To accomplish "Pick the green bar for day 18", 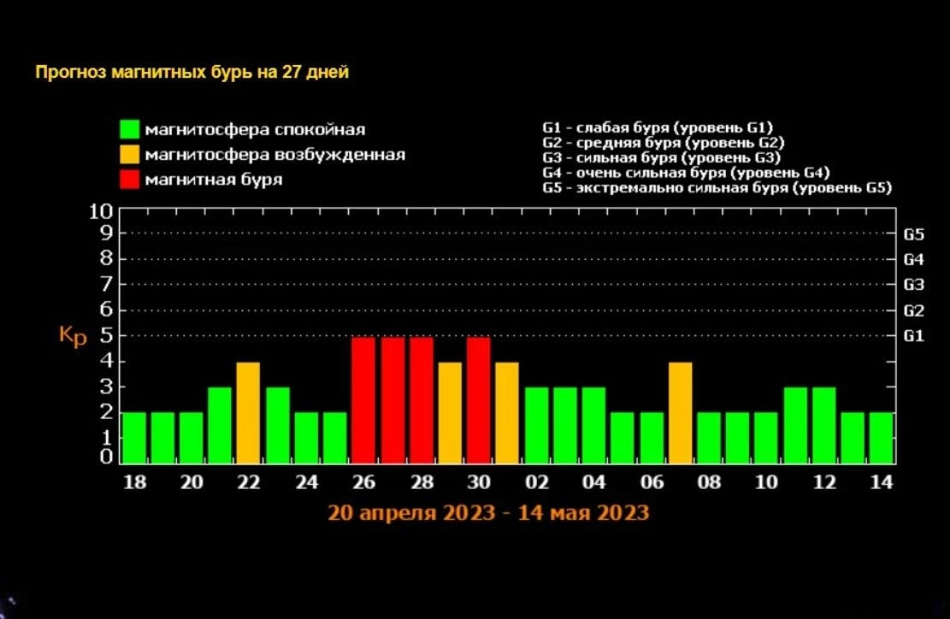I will coord(133,437).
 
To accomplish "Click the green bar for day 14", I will coord(882,437).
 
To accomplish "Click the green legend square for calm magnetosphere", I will coord(129,130).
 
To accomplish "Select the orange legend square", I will coord(129,155).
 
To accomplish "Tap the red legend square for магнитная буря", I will coord(129,180).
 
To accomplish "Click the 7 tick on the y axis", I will coord(107,284).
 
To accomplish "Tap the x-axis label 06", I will coord(652,483).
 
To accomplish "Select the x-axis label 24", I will coord(306,483).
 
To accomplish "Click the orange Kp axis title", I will coord(73,336).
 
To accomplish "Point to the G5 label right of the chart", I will coord(913,233).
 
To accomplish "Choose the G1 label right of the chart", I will coord(913,336).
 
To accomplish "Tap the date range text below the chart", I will coord(487,513).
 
